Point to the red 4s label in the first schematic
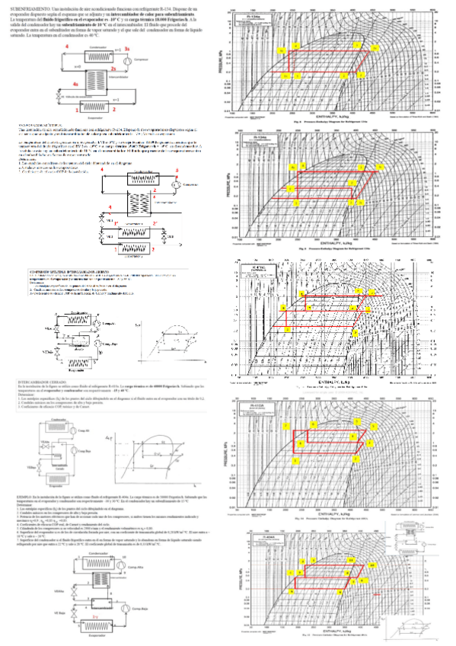coord(75,84)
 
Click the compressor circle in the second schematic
coord(174,184)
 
